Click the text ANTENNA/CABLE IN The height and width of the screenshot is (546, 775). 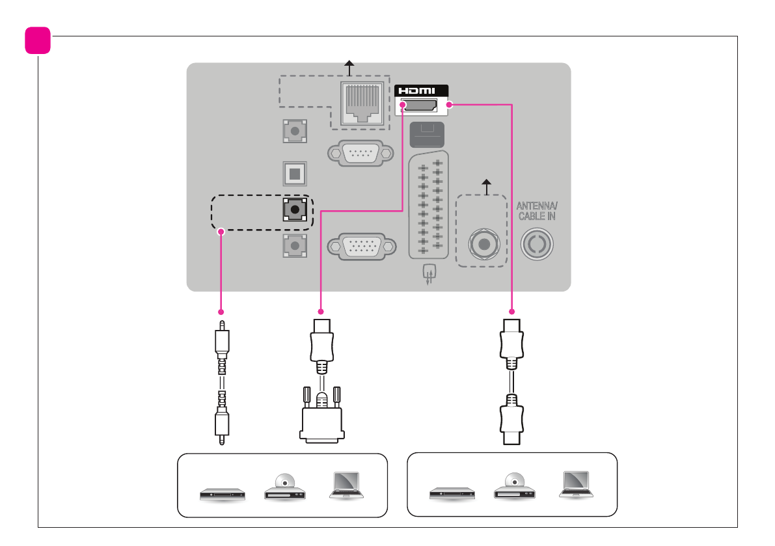537,211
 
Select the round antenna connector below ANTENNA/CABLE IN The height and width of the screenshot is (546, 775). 537,245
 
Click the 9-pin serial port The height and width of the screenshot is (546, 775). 360,154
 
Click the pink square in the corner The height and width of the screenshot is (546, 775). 38,41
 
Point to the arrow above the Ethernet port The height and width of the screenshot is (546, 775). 349,66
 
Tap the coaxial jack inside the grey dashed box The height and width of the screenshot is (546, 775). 483,245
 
